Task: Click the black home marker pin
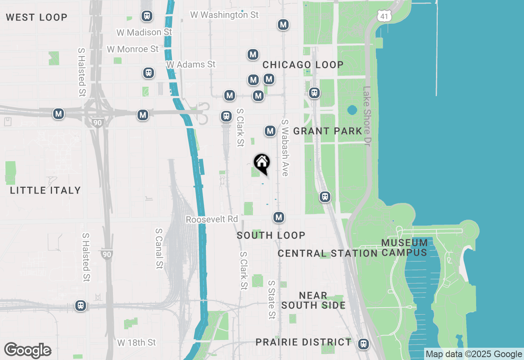pos(262,163)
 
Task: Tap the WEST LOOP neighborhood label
pos(36,17)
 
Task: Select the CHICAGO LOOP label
pos(303,65)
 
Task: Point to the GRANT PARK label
pos(327,131)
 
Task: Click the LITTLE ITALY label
pos(45,190)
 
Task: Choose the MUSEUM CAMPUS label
pos(404,248)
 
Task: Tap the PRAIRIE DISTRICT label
pos(303,342)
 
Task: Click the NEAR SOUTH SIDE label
pos(313,300)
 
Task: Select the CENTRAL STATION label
pos(327,253)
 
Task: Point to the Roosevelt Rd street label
pos(212,220)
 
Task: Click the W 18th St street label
pos(137,342)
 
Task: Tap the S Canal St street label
pos(159,248)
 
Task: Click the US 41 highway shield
pos(385,16)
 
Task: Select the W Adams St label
pos(191,65)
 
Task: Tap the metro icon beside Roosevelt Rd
pos(279,217)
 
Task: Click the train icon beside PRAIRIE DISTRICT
pos(363,344)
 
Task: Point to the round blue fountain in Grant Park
pos(352,110)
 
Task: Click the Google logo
pos(28,350)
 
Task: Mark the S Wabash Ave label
pos(285,148)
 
